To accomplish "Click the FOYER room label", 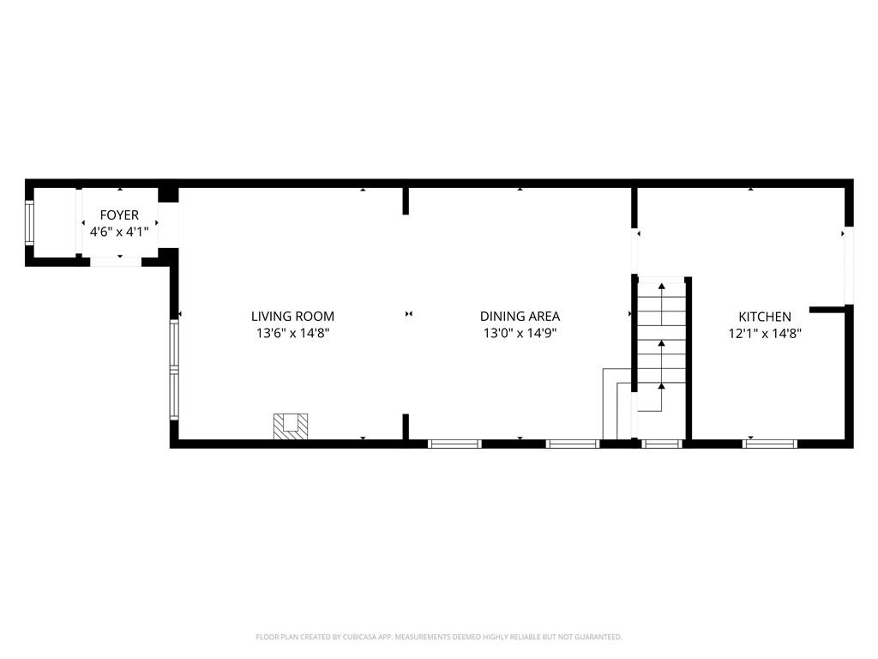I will pos(119,215).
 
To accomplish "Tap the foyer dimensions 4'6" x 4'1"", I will pos(119,231).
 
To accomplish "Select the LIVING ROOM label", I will pos(292,317).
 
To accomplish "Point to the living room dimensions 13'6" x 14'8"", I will pos(292,333).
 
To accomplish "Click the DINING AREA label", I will pos(520,317).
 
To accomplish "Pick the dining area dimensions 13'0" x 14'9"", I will pos(520,333).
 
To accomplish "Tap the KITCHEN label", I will pos(765,317).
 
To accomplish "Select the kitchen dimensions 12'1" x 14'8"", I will pos(765,333).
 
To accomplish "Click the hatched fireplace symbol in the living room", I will pos(291,426).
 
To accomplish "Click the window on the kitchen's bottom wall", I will pos(770,444).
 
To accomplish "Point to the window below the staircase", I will pos(661,444).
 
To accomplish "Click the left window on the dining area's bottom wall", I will pos(454,444).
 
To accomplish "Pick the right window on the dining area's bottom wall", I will pos(573,444).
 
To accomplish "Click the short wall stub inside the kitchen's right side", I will pos(828,309).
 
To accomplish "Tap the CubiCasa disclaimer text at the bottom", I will pos(439,637).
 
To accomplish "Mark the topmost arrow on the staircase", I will pos(661,286).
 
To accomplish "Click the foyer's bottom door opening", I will pos(116,261).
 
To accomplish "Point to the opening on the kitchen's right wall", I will pos(849,266).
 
